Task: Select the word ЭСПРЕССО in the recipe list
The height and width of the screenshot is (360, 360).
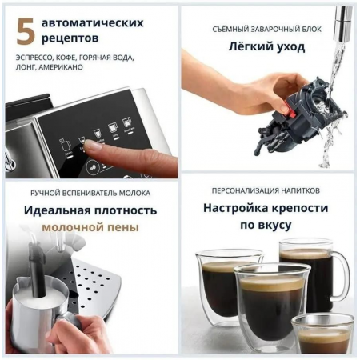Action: (x=34, y=58)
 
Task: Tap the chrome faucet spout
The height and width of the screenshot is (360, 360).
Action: (x=342, y=20)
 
